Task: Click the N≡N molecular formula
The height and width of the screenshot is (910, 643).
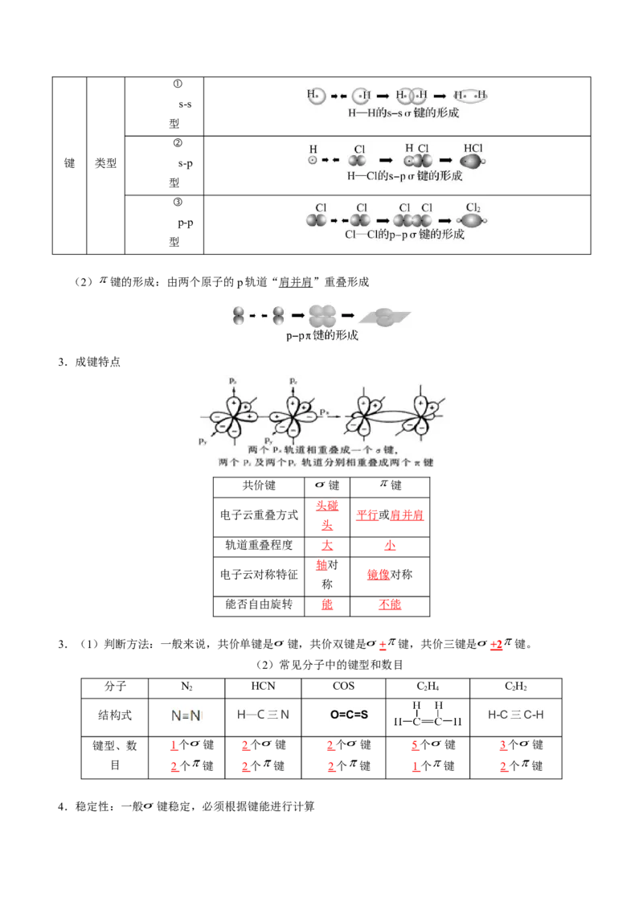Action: (186, 713)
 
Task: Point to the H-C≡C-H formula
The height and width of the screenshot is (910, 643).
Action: (514, 714)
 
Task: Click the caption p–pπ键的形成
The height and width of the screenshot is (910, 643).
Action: (322, 336)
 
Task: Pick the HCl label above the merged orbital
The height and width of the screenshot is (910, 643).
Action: (473, 149)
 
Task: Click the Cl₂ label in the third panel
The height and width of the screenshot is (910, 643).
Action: (473, 207)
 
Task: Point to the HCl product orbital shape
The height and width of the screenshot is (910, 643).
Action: (471, 162)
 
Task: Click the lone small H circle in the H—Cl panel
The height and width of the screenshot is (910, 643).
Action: (313, 161)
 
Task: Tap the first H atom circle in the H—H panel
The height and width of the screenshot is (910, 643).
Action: (316, 96)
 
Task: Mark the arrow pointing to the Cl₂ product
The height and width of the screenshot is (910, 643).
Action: (446, 219)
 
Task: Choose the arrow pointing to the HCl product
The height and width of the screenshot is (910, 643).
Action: (446, 161)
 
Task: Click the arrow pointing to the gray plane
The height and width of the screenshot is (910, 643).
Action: (352, 316)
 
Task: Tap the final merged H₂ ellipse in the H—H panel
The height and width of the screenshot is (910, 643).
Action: (471, 96)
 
